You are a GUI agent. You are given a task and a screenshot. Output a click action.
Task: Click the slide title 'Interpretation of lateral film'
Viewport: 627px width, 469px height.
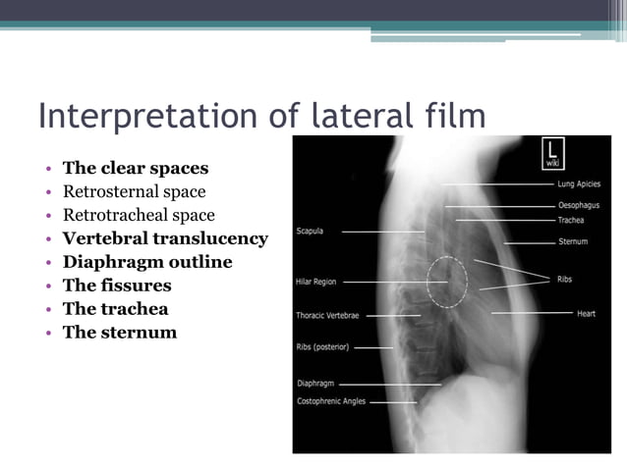[261, 117]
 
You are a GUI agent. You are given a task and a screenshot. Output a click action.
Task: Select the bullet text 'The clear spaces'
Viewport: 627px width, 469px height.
[136, 168]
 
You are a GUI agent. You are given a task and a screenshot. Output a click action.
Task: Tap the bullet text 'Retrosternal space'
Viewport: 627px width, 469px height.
[134, 191]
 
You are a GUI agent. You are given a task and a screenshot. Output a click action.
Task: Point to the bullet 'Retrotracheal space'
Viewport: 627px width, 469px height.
[139, 215]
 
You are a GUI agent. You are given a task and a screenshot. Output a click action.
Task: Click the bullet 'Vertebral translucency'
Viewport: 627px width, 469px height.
[165, 238]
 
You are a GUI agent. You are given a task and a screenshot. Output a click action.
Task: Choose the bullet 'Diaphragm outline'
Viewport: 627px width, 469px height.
[147, 262]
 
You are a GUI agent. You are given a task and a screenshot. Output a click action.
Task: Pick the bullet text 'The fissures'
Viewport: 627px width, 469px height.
[117, 286]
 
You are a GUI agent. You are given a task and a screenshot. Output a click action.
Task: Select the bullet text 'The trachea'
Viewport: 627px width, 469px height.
[115, 309]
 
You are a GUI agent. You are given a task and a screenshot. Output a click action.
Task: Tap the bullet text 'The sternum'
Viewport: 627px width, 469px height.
[120, 333]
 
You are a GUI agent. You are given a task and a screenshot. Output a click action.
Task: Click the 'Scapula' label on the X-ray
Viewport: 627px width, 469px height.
[310, 232]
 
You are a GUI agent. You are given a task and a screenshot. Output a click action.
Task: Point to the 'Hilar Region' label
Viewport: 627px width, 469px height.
[315, 282]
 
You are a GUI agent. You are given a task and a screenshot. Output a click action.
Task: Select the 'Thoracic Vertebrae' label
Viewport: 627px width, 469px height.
[328, 316]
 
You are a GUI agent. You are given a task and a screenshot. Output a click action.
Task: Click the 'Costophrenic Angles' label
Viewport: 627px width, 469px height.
[331, 401]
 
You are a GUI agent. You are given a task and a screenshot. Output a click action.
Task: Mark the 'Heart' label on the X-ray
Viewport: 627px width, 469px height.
[587, 313]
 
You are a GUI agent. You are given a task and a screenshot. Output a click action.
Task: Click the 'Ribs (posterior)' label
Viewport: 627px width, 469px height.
[322, 347]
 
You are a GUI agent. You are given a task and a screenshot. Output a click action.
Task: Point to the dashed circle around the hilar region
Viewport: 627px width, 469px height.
[447, 283]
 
